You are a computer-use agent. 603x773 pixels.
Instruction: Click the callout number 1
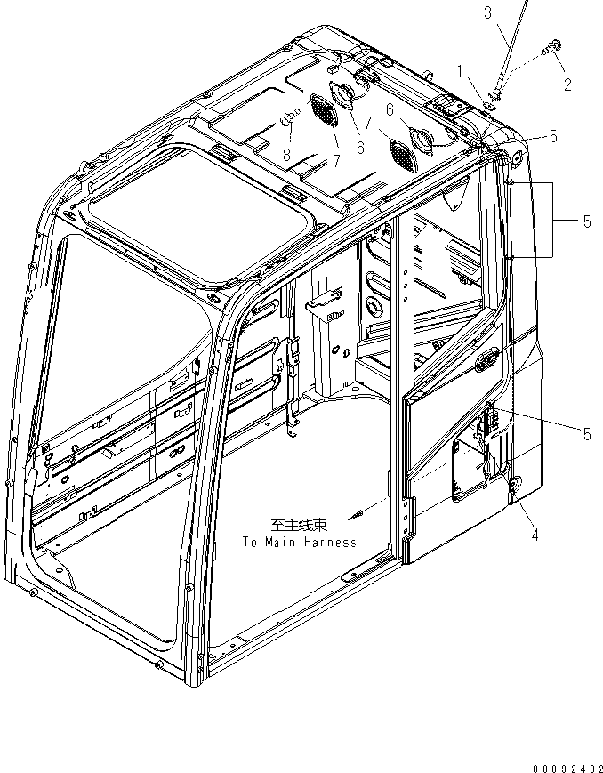click(x=460, y=69)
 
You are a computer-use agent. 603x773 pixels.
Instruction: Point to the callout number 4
click(x=535, y=535)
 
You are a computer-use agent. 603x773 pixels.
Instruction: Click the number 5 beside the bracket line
click(x=586, y=221)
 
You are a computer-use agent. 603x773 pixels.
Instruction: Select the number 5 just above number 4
click(x=586, y=434)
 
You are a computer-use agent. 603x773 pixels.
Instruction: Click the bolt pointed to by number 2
click(x=555, y=45)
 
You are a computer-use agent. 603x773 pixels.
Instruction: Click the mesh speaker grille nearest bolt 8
click(x=319, y=110)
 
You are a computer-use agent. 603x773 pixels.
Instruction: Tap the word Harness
click(x=328, y=542)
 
